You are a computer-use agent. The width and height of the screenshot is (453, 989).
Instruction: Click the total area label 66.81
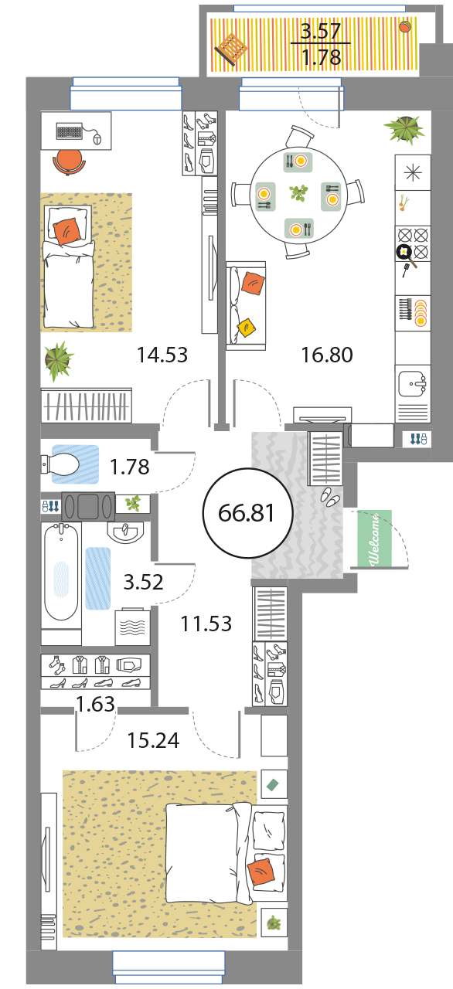(x=247, y=513)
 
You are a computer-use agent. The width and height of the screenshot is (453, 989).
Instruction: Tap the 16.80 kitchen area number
(x=327, y=355)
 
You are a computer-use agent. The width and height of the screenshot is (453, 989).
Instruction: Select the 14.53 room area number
(x=162, y=355)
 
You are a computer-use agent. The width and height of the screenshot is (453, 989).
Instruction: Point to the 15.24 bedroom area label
(x=153, y=740)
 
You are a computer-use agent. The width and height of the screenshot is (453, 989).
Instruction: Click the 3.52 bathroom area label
(x=144, y=582)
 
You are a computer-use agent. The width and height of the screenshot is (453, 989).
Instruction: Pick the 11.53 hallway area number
(x=206, y=624)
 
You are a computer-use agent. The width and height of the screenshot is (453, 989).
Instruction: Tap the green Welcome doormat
(x=374, y=538)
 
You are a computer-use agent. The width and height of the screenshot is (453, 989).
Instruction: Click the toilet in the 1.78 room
(x=61, y=464)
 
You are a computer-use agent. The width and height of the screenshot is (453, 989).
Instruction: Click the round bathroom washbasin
(x=126, y=533)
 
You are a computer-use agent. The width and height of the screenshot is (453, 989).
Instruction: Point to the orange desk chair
(x=69, y=162)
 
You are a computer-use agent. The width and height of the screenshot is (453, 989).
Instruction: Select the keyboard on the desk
(x=70, y=131)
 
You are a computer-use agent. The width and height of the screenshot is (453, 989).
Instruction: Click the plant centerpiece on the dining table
(x=298, y=193)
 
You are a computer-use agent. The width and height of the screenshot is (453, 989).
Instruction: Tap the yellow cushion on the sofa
(x=247, y=328)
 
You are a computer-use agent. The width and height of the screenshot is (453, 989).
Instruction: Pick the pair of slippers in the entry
(x=330, y=496)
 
